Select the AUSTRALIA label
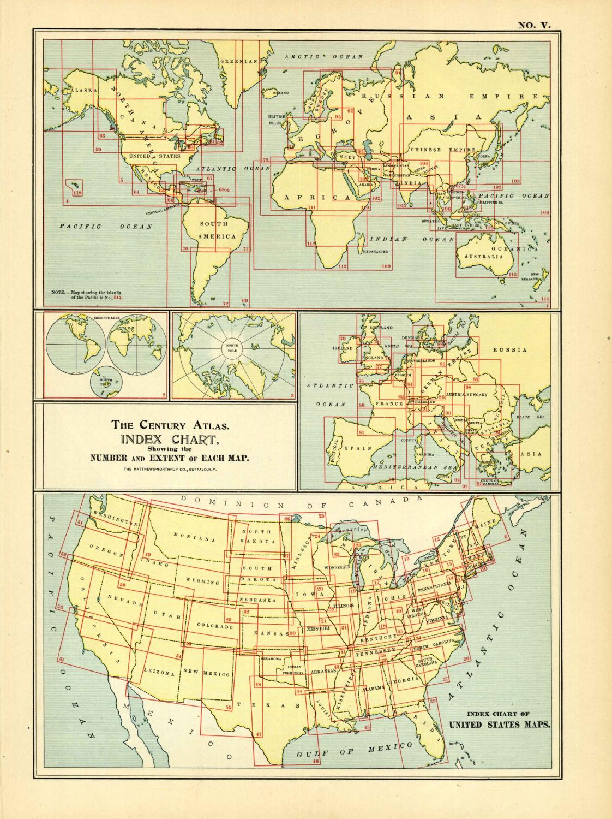click(x=482, y=256)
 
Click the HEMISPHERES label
click(x=106, y=317)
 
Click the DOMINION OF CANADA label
click(x=302, y=502)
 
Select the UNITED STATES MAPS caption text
click(x=499, y=726)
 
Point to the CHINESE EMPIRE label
click(x=442, y=150)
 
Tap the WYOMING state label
click(x=202, y=581)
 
